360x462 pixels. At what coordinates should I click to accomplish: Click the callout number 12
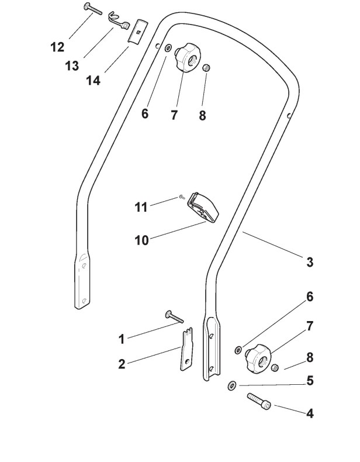pyautogui.click(x=57, y=47)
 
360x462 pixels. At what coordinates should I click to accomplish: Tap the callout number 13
pyautogui.click(x=72, y=65)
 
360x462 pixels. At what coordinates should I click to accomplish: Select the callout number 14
pyautogui.click(x=94, y=80)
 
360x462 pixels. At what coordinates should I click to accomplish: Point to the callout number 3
pyautogui.click(x=310, y=262)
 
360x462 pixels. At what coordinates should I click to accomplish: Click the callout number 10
pyautogui.click(x=142, y=240)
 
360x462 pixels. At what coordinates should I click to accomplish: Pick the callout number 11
pyautogui.click(x=141, y=207)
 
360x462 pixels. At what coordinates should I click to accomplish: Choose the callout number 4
pyautogui.click(x=310, y=413)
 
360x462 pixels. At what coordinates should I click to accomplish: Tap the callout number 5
pyautogui.click(x=310, y=381)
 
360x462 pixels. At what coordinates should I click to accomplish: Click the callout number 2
pyautogui.click(x=122, y=364)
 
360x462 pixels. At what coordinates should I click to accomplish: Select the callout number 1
pyautogui.click(x=122, y=339)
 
